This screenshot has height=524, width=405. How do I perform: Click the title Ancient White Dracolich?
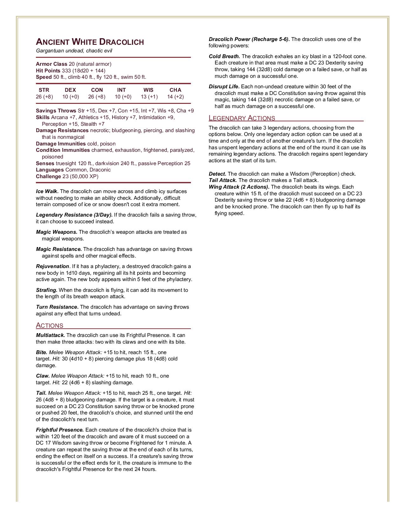coord(90,42)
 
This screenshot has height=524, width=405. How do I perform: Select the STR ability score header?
coord(44,90)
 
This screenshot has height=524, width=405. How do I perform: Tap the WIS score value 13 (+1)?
coord(149,97)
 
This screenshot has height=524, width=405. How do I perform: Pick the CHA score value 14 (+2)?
coord(175,97)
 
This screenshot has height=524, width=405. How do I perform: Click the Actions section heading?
coord(50,326)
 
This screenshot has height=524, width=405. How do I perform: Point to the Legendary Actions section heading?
coord(242,118)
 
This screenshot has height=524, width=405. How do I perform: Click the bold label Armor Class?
coord(51,64)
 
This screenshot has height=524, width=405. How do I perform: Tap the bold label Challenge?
coord(48,176)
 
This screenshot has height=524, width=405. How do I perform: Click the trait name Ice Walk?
coord(47,191)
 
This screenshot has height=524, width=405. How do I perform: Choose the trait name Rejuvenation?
coord(52,266)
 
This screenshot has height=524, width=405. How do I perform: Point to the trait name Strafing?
coord(46,290)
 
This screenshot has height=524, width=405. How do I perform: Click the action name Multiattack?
coord(51,335)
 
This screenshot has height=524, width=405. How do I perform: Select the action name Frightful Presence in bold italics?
coord(60,430)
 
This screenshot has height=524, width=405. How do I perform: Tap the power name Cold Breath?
coord(224,56)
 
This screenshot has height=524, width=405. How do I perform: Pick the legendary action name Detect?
coord(217,174)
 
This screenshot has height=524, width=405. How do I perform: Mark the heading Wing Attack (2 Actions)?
coord(239,187)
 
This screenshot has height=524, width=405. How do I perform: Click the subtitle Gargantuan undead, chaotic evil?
coord(74,51)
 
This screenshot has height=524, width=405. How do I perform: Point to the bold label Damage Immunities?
coord(61,144)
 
